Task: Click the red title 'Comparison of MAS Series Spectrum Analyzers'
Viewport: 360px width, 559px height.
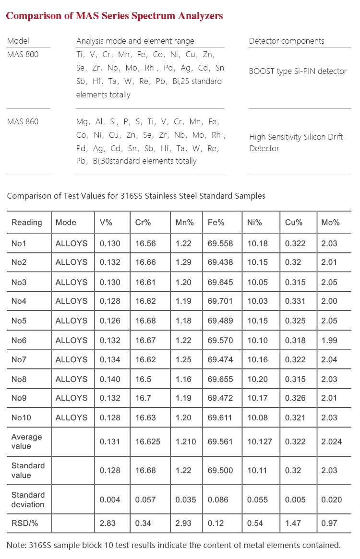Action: point(114,16)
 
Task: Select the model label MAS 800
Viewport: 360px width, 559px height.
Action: point(23,54)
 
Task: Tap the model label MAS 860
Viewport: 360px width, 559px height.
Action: point(23,121)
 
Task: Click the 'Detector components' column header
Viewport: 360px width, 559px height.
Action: point(287,41)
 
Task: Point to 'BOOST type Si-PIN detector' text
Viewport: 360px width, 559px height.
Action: point(298,71)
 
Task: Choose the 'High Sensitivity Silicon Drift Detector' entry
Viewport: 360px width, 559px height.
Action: point(296,143)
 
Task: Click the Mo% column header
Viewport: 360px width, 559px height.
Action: point(330,222)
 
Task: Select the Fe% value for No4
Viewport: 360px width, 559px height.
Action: point(220,301)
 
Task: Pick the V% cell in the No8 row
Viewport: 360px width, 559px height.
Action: point(110,379)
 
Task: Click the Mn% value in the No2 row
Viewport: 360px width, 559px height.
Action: point(183,262)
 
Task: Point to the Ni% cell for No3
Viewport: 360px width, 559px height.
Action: point(257,282)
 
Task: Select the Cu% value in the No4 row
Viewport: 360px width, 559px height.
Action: point(295,301)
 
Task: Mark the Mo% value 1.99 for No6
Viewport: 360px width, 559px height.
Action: point(329,340)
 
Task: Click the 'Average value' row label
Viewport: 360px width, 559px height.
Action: point(27,441)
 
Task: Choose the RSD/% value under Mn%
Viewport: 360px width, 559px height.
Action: point(183,523)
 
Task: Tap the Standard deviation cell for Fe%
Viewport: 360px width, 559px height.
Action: point(220,500)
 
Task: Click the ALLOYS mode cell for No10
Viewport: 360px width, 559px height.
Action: point(72,417)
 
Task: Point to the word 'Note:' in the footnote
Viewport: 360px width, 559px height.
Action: point(16,545)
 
